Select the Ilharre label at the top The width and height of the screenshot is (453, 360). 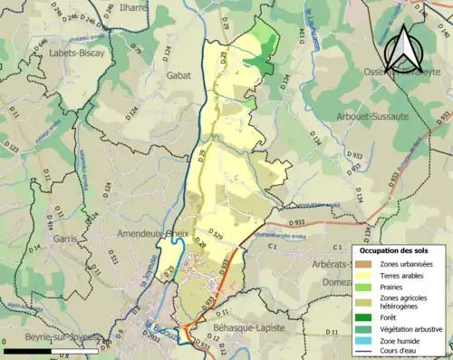pos(132,9)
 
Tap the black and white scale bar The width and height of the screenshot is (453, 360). pos(50,350)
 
